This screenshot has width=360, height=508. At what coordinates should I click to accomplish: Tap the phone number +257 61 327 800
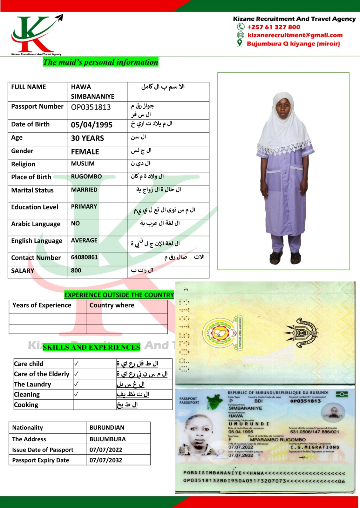[x=274, y=27]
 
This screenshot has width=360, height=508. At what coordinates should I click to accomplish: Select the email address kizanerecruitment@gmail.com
[x=295, y=35]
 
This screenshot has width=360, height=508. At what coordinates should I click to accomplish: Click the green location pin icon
[x=240, y=43]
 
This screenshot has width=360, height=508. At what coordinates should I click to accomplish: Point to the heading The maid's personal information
[x=101, y=62]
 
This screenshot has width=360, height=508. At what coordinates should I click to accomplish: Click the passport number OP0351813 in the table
[x=91, y=107]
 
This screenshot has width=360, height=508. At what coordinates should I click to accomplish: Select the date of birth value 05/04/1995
[x=92, y=125]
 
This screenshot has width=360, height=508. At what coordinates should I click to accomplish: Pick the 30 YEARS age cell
[x=87, y=138]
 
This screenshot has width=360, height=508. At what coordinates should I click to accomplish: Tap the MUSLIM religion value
[x=83, y=164]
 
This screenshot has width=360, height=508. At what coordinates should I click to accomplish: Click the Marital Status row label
[x=32, y=190]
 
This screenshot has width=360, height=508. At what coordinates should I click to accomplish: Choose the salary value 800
[x=76, y=271]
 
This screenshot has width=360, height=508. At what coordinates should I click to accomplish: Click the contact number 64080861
[x=84, y=257]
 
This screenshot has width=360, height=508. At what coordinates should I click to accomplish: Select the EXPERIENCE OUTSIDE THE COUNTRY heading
[x=119, y=295]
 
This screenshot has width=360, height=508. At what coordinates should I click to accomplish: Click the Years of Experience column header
[x=42, y=305]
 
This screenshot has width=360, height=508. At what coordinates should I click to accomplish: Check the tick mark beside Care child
[x=76, y=364]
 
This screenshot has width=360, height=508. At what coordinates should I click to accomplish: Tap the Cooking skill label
[x=26, y=405]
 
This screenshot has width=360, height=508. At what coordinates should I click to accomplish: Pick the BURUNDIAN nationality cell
[x=107, y=428]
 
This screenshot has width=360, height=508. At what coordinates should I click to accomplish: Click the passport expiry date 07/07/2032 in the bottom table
[x=105, y=460]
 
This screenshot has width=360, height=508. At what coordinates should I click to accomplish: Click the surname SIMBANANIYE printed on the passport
[x=245, y=408]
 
